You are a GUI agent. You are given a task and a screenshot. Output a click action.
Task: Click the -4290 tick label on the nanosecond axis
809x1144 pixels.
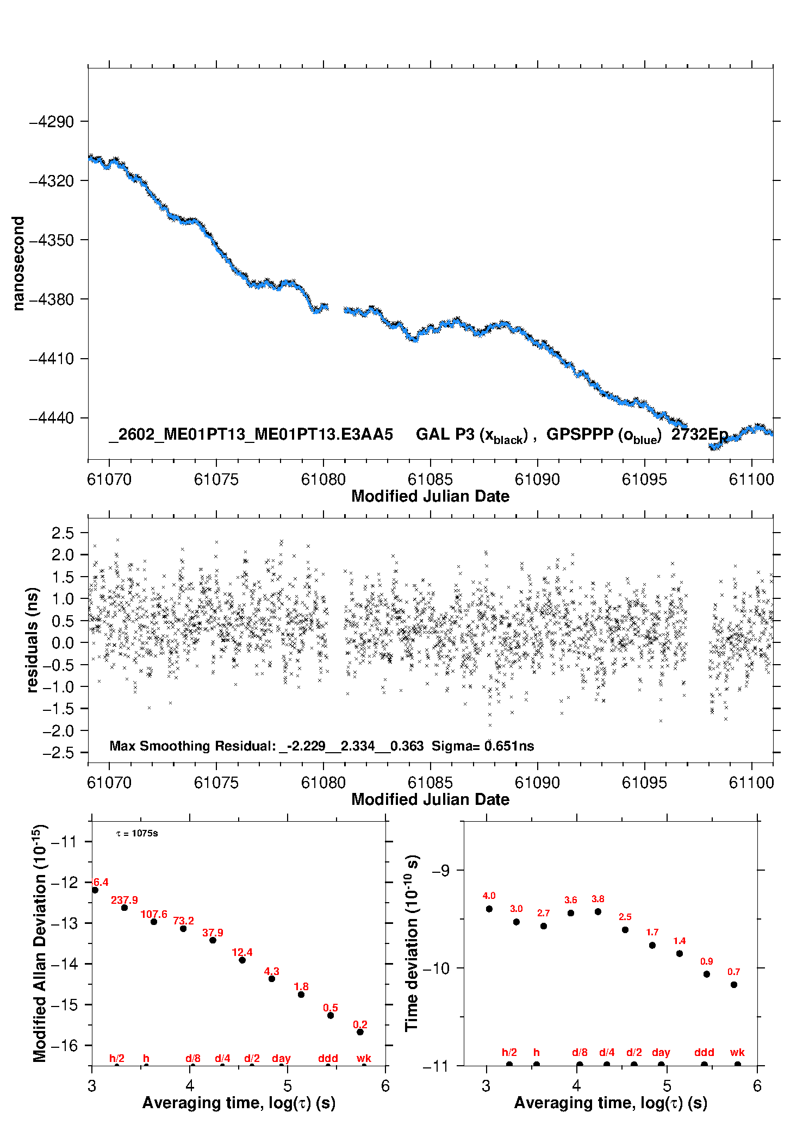click(51, 122)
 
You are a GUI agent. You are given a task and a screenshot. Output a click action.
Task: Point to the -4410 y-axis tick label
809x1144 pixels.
click(51, 359)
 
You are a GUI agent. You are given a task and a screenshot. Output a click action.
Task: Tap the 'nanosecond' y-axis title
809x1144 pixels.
click(18, 264)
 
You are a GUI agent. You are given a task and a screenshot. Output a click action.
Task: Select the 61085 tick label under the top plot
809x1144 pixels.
click(430, 479)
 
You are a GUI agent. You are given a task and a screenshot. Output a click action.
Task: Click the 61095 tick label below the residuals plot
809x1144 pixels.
click(644, 783)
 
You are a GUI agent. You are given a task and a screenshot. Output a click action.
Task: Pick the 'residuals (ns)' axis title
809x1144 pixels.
click(33, 640)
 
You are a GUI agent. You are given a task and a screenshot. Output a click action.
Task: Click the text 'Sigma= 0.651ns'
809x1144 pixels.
click(483, 746)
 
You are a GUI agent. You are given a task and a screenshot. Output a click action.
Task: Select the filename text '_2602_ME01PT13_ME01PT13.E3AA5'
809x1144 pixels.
click(251, 434)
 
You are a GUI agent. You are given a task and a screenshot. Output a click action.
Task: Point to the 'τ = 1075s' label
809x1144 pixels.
click(137, 834)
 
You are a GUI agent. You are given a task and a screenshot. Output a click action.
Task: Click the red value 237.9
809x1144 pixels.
click(125, 901)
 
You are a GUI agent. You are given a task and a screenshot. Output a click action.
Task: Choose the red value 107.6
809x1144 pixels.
click(154, 915)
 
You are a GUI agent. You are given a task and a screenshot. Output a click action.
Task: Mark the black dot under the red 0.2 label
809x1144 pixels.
click(360, 1032)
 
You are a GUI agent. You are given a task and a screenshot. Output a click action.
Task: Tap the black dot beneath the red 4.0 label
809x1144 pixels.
click(489, 909)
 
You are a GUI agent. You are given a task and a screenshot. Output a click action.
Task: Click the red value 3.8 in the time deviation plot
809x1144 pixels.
click(598, 899)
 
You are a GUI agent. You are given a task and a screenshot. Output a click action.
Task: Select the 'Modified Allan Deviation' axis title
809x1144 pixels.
click(40, 943)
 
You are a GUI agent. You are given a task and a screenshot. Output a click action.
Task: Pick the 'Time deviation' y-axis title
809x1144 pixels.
click(412, 943)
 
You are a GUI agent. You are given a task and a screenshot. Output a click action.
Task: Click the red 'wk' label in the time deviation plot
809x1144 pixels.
click(737, 1053)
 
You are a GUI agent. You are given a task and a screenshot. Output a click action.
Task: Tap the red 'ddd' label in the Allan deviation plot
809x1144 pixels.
click(328, 1058)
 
